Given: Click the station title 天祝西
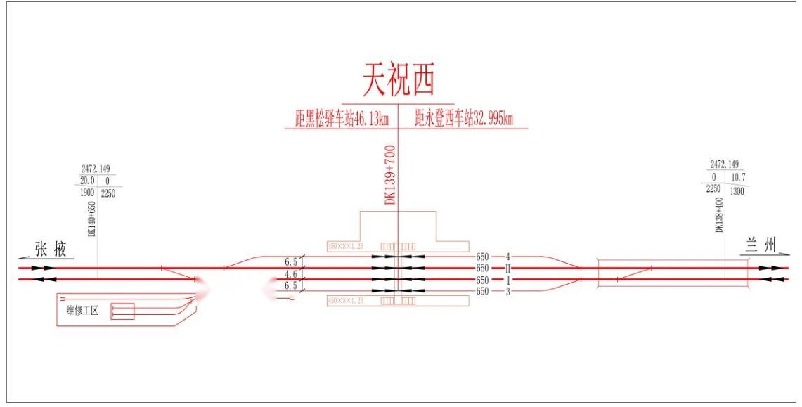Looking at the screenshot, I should coord(399,79).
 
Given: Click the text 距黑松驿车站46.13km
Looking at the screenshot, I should coord(342,119).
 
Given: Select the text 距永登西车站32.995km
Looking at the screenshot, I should coord(463,119).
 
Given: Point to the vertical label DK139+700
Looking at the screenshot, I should coord(390,175).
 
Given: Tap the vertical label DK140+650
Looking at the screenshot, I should coord(91,219).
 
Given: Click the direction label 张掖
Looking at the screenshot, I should coord(51,249).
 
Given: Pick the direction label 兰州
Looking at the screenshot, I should coord(761,245).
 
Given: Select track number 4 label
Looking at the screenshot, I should coord(506,257).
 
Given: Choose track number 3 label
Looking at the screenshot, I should coord(506,291).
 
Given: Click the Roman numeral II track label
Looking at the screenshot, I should coord(506,268).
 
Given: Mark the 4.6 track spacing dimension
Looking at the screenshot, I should coord(291,274).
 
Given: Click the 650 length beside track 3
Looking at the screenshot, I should coord(482,291).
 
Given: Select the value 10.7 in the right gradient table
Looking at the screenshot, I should coord(737,176).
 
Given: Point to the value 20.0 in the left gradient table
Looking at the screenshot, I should coord(87,181).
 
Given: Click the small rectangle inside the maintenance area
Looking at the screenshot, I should coord(122,311).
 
